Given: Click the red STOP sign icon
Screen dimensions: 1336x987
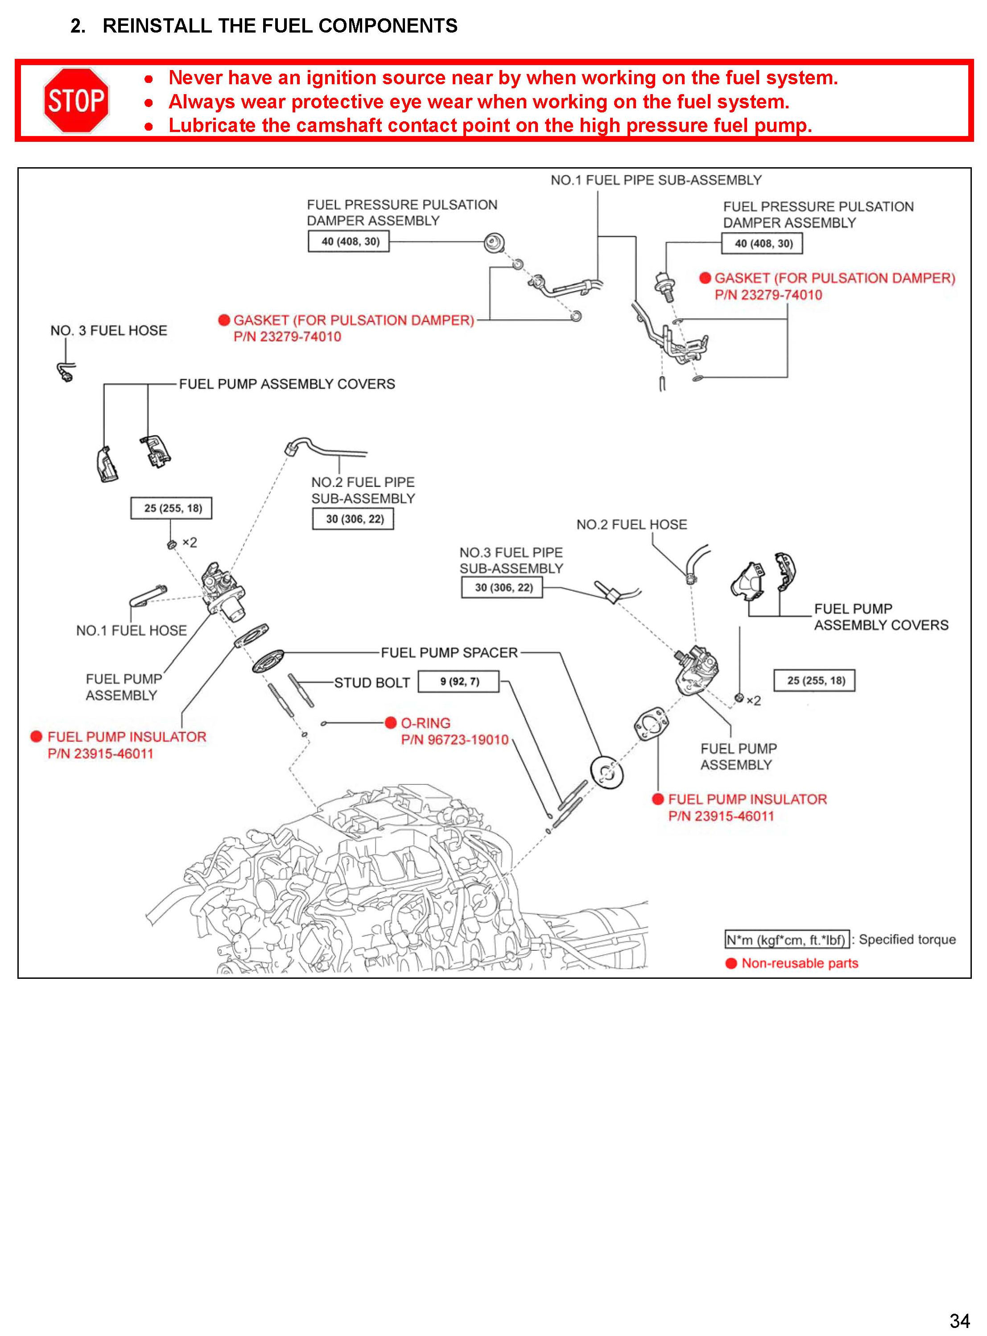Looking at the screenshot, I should click(76, 100).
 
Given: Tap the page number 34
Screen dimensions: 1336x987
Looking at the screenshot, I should click(959, 1320).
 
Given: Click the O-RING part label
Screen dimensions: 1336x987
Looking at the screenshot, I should click(425, 723).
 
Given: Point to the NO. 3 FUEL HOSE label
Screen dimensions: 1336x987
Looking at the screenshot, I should click(109, 330).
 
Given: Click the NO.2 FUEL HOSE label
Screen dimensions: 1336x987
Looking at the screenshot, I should click(632, 524).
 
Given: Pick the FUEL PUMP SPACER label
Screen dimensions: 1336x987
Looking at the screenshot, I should click(449, 653).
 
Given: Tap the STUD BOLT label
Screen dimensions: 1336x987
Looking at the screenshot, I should click(372, 683).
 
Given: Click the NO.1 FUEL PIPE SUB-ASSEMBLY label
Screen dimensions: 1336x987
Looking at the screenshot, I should click(656, 180).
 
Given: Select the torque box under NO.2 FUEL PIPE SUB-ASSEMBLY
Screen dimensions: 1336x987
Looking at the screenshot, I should click(353, 519).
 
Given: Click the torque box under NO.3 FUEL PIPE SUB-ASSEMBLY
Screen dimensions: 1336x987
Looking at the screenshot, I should click(502, 588).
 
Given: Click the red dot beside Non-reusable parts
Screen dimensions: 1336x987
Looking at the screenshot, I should click(731, 963).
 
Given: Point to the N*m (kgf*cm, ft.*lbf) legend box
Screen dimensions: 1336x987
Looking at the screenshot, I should click(787, 940).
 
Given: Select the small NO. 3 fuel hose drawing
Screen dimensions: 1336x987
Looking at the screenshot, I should click(66, 371).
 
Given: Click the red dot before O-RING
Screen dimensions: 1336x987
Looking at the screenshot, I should click(391, 723).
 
